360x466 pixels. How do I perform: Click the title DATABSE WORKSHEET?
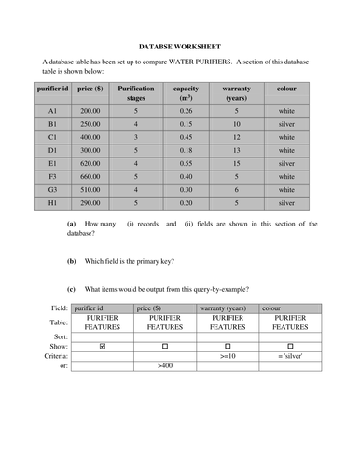[x=180, y=44]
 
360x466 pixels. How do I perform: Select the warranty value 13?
[x=236, y=149]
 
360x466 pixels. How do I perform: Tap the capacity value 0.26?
[x=186, y=110]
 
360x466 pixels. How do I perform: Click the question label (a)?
[x=71, y=224]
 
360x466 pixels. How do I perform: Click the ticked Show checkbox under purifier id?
[x=103, y=346]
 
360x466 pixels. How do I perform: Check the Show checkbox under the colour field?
[x=290, y=346]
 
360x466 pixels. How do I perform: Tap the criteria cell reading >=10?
[x=228, y=357]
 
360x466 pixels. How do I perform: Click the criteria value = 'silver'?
[x=291, y=357]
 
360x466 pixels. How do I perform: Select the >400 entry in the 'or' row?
[x=166, y=367]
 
